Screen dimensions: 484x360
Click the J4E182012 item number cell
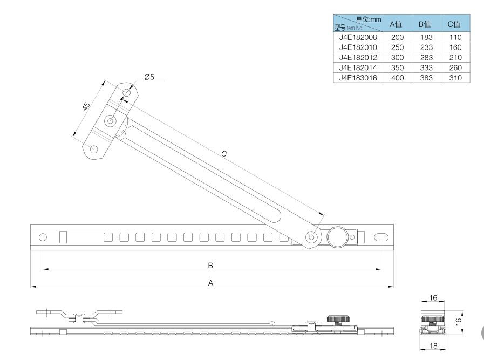(358, 57)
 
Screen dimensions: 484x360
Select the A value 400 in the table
(397, 78)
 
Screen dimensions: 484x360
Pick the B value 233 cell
(426, 47)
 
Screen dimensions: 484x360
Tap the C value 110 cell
(455, 37)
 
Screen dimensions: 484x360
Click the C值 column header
(454, 24)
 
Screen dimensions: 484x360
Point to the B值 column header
(425, 24)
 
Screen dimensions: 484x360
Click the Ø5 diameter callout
(149, 77)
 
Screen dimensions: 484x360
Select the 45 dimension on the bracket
(86, 106)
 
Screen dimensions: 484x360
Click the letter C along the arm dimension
(224, 154)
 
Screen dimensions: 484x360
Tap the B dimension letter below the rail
(210, 265)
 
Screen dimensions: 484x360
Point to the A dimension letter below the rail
(210, 282)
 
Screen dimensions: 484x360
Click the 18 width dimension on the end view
(433, 345)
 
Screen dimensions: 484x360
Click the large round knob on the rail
(338, 237)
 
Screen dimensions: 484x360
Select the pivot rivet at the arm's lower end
(312, 237)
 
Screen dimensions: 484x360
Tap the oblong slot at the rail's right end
(381, 237)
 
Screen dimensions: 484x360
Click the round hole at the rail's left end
(43, 237)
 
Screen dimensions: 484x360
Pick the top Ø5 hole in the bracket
(127, 92)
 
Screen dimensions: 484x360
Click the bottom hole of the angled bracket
(93, 150)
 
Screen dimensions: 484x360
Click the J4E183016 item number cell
(358, 78)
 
